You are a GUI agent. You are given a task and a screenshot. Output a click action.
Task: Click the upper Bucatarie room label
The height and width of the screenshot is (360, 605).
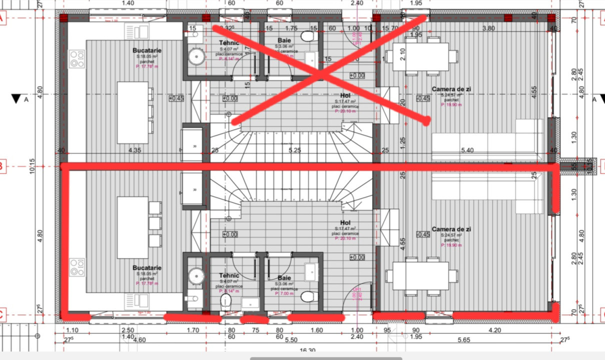coord(147,50)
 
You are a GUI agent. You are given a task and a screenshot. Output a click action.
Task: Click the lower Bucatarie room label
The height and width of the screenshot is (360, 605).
coord(147,268)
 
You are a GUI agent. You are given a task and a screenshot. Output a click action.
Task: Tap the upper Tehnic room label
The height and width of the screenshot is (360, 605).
coord(229,43)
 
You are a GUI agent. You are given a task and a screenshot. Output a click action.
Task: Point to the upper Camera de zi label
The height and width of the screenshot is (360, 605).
coord(451,89)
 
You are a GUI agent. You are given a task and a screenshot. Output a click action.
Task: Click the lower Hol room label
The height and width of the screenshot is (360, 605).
coord(345,222)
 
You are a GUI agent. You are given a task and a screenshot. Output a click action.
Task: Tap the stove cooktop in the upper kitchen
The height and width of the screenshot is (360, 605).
coord(76,58)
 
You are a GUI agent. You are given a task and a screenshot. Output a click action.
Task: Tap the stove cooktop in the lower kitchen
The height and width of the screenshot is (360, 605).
coord(76,267)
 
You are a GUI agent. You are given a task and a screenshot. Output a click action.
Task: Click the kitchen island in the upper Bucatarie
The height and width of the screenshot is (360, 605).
coord(132,112)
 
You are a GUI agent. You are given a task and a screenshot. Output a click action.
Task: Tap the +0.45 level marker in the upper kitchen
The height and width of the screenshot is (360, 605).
coord(176,98)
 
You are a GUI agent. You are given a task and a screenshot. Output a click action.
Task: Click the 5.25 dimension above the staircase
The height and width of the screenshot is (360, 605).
coord(294,150)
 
